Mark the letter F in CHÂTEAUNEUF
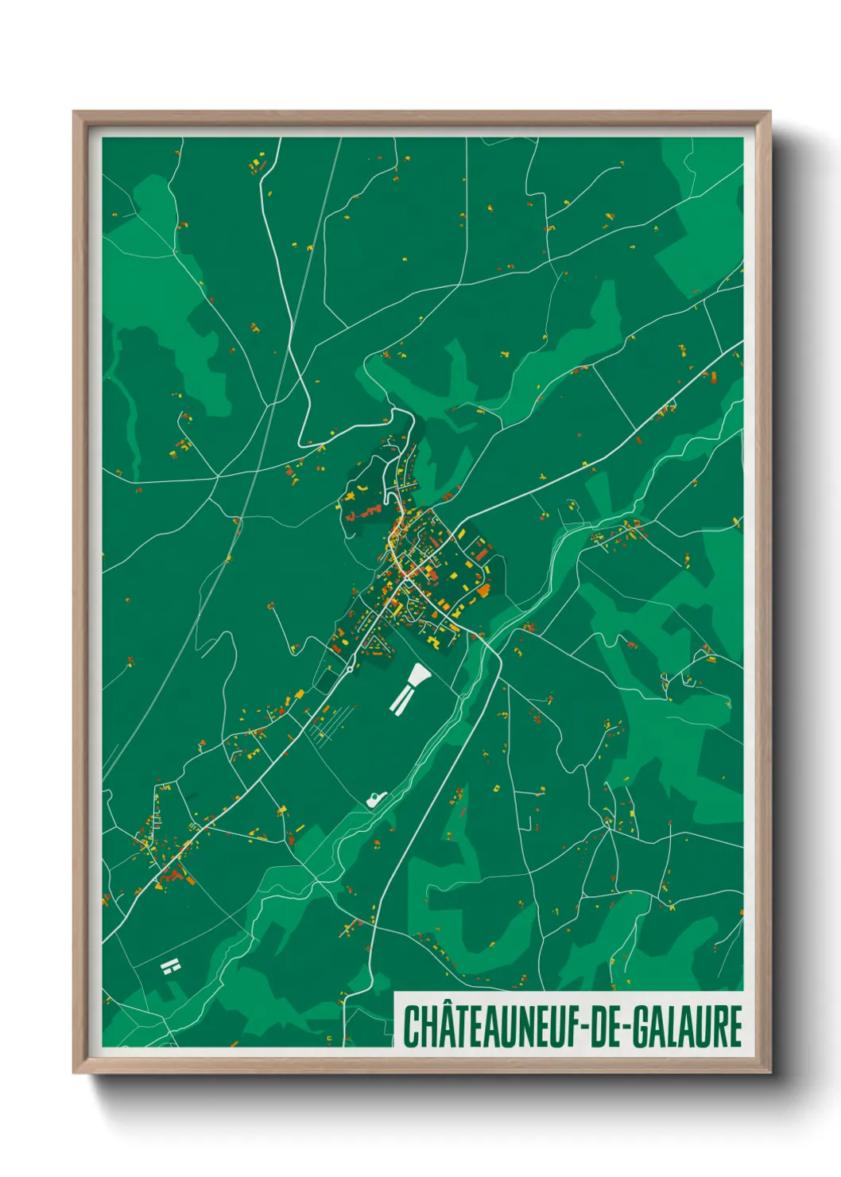point(575,1027)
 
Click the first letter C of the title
point(412,1027)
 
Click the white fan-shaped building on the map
point(417,677)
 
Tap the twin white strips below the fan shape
point(401,700)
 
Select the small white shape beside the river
point(376,798)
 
